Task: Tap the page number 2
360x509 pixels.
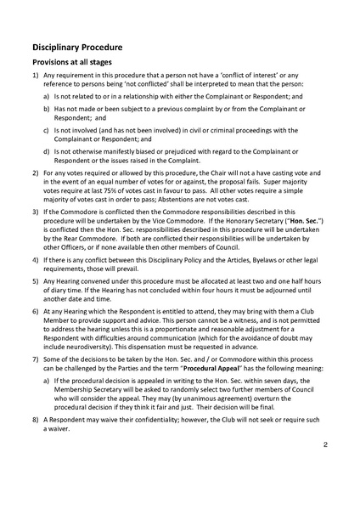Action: pyautogui.click(x=325, y=444)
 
